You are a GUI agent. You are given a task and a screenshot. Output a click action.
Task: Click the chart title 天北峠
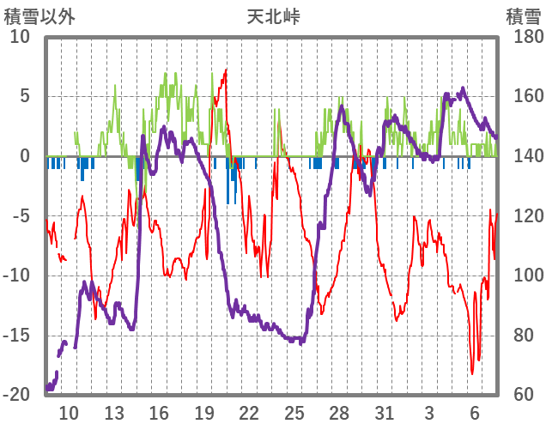point(273,15)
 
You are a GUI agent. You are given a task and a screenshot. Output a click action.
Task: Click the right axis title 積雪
point(522,15)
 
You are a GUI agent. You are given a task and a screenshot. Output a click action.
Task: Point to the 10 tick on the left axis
point(20,37)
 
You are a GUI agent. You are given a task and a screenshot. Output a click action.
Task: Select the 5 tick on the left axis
point(24,96)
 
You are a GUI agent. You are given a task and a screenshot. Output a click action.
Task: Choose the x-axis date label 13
point(114,412)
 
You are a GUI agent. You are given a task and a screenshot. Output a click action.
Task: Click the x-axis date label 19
point(204,412)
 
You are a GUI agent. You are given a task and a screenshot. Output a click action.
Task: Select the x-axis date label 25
point(294,412)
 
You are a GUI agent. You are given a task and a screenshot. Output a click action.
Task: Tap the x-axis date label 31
point(385,412)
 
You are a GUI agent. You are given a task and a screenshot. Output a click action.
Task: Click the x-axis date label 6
point(475,412)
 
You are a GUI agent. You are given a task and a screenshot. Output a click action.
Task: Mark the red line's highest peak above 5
point(226,70)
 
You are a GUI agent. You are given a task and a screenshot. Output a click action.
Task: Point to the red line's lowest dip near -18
point(472,373)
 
